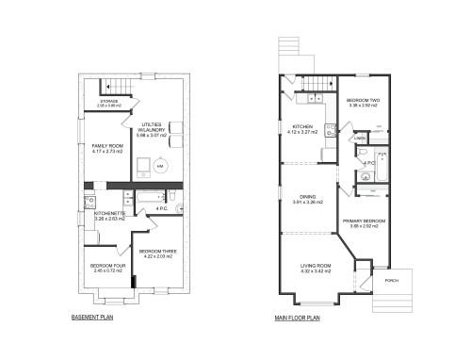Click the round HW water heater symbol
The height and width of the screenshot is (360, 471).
point(160,165)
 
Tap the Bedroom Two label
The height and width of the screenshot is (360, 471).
point(363,102)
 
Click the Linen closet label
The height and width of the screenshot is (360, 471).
point(360,139)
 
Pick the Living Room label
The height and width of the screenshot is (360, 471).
point(307,269)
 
